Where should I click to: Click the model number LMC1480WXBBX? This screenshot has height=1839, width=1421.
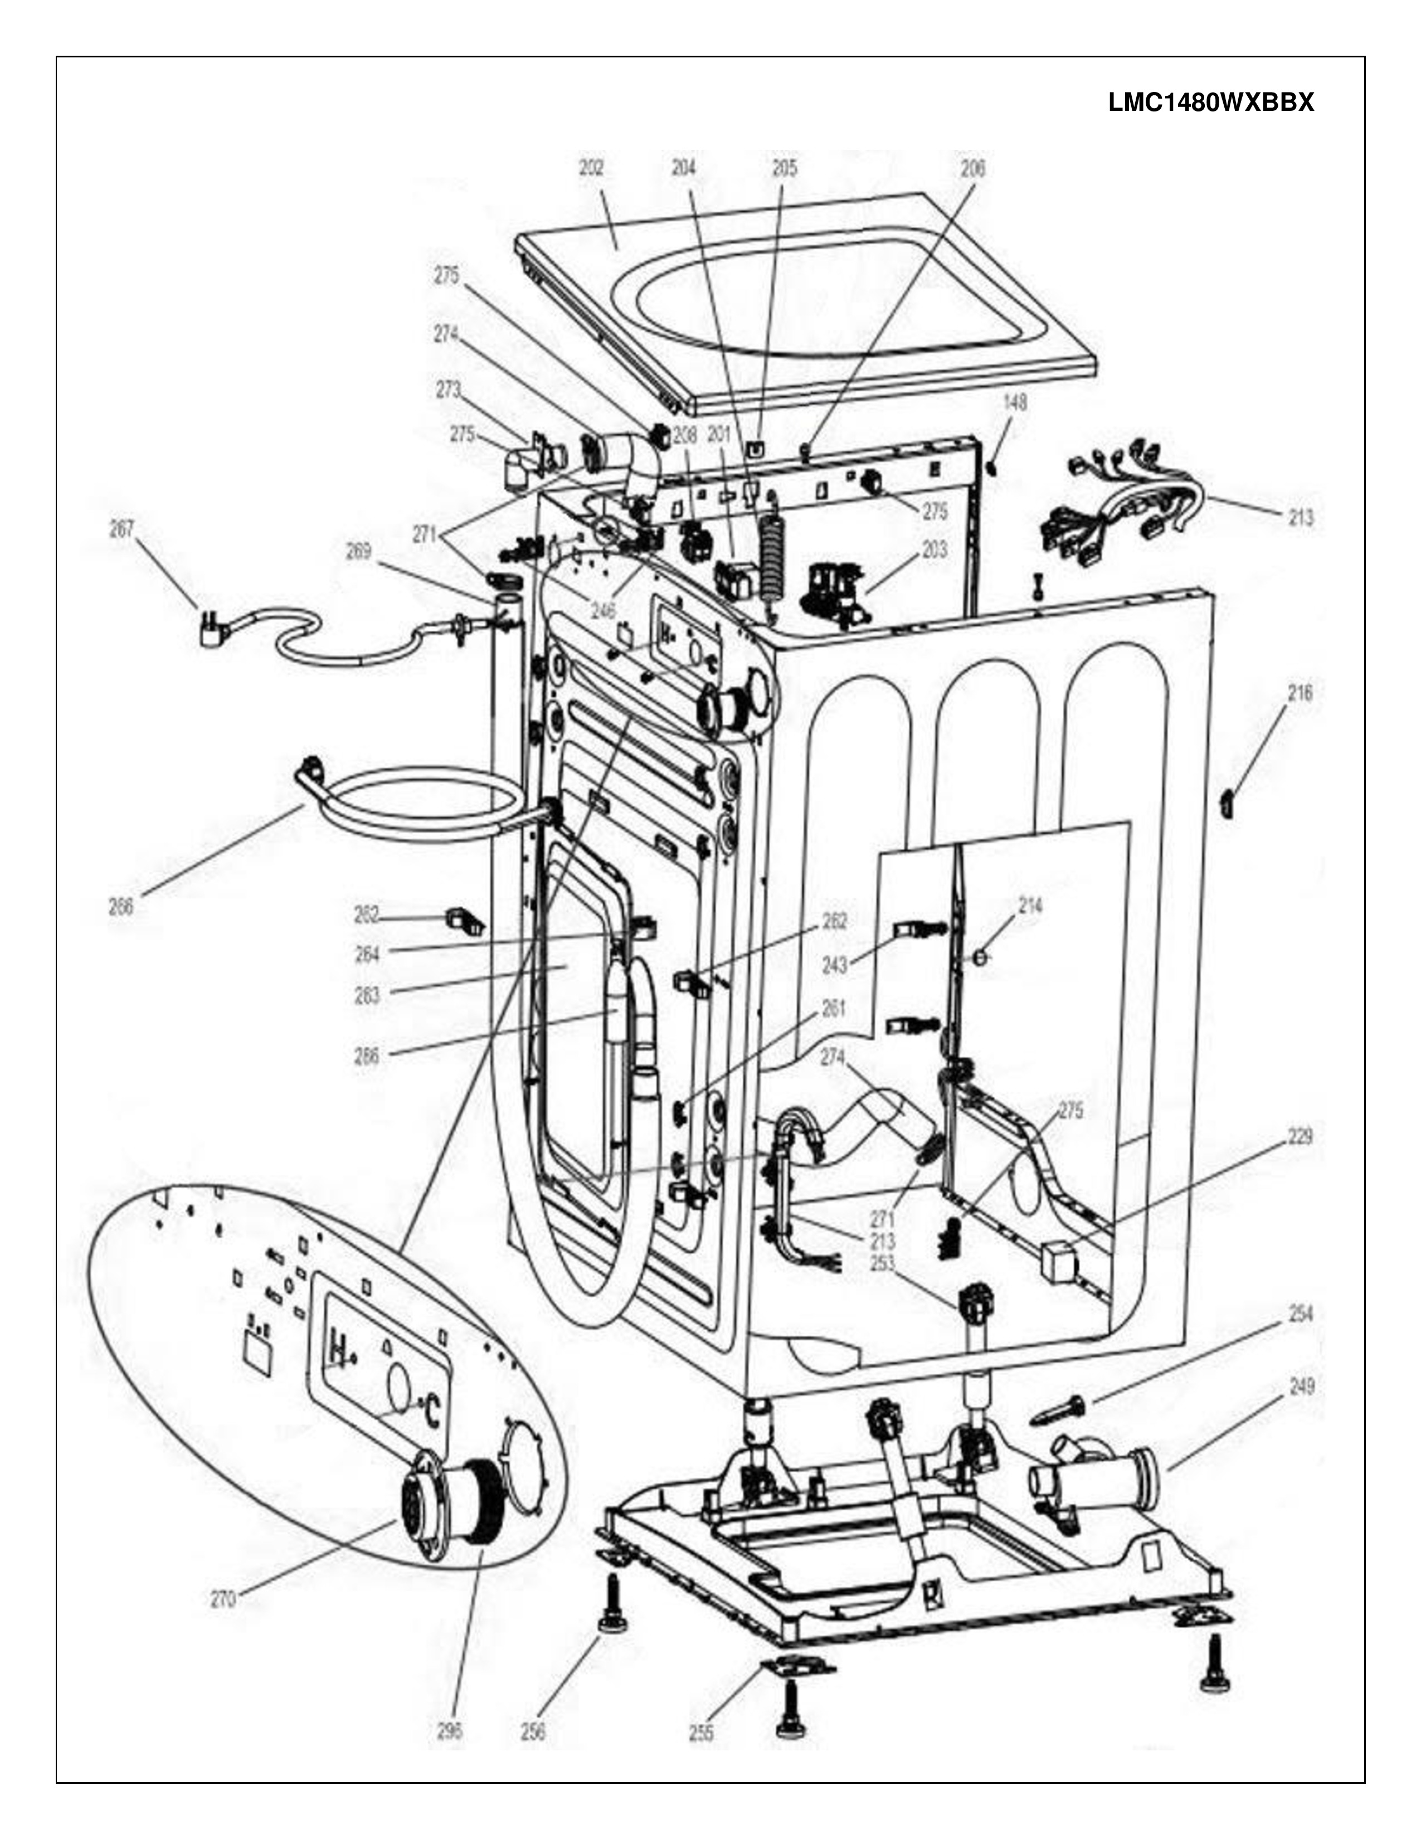click(x=1210, y=103)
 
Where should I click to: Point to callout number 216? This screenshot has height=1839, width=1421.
click(x=1299, y=693)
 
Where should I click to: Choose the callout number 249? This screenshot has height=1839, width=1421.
click(x=1301, y=1386)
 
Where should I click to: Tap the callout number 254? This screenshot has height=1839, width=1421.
click(x=1301, y=1313)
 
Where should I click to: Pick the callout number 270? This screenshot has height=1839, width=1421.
click(x=223, y=1599)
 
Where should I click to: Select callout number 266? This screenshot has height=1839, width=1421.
click(x=121, y=908)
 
